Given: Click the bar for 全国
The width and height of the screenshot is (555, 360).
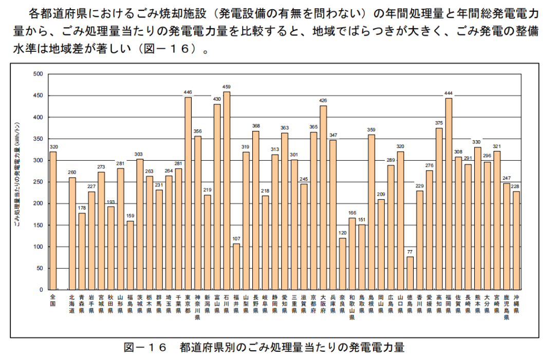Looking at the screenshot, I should point(53,221).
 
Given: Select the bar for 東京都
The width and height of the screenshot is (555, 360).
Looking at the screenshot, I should point(188,194).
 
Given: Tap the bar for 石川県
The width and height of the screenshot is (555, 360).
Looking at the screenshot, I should point(227,191).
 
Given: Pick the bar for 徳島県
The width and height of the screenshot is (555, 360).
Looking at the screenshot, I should point(410,273).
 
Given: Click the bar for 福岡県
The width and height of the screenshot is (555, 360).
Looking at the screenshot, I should point(449,194).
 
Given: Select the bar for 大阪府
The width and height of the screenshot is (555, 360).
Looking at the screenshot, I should point(323,198).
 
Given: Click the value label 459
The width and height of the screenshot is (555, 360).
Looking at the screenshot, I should point(227,86).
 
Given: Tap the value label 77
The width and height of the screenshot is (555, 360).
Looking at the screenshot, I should point(410,251).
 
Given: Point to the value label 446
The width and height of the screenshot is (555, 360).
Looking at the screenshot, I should point(188,92).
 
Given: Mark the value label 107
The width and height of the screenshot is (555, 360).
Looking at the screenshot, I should point(236,238).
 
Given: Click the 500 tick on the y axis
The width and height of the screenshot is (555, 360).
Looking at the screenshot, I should point(38,74).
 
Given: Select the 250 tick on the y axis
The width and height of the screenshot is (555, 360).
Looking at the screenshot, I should point(38,182).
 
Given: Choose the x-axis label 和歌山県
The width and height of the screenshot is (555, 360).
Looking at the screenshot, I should point(352,307).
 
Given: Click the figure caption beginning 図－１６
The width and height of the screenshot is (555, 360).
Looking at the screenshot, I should point(264,348).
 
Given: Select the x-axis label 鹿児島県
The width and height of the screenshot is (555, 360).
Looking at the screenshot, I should point(507,307).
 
